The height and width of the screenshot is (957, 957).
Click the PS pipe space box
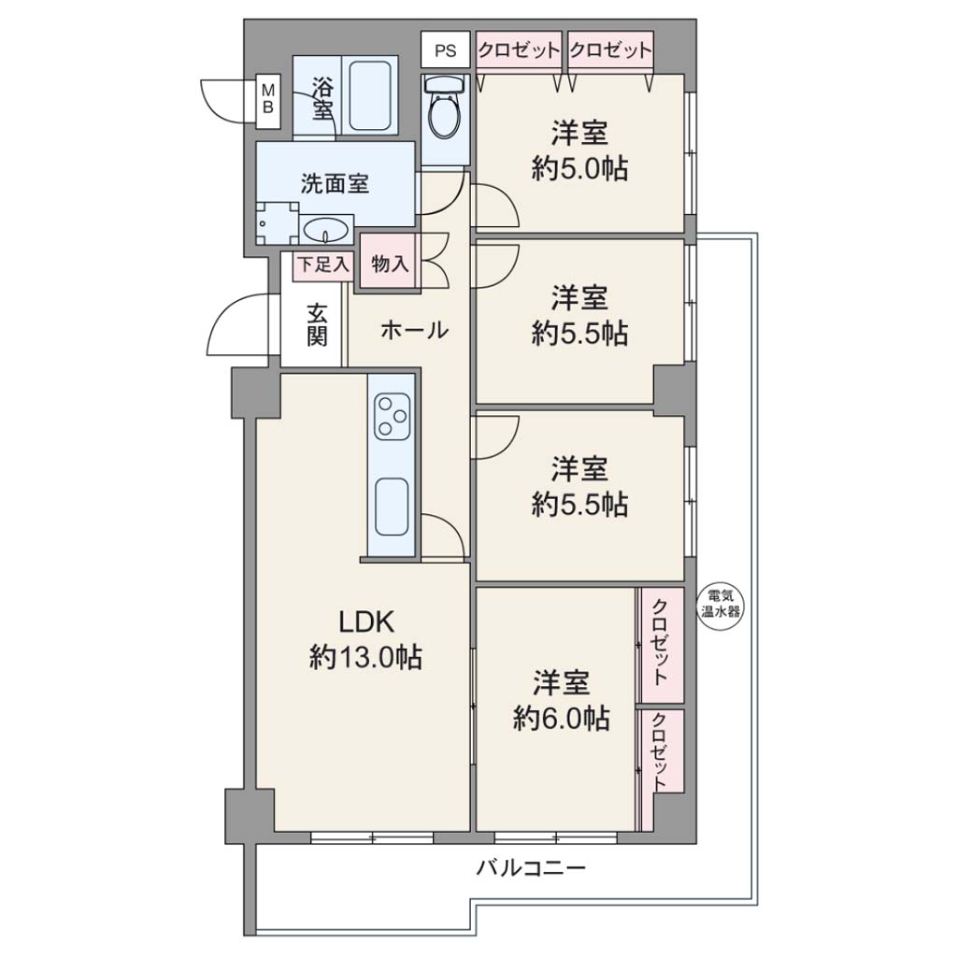pyautogui.click(x=446, y=50)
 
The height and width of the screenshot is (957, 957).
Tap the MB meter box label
pyautogui.click(x=268, y=98)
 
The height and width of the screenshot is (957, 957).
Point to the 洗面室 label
pyautogui.click(x=336, y=183)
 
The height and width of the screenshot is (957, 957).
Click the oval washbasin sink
pyautogui.click(x=326, y=231)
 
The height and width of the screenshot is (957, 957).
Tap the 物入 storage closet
pyautogui.click(x=390, y=264)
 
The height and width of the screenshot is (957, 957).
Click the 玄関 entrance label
pyautogui.click(x=318, y=324)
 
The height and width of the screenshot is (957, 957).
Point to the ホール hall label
pyautogui.click(x=414, y=330)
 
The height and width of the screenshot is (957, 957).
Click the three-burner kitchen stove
pyautogui.click(x=391, y=416)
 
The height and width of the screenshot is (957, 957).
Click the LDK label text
pyautogui.click(x=366, y=621)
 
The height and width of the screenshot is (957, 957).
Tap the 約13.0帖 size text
pyautogui.click(x=365, y=658)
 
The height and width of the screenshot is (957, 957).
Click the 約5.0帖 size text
pyautogui.click(x=579, y=168)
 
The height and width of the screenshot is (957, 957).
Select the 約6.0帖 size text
pyautogui.click(x=561, y=719)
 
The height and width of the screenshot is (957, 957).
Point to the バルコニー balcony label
pyautogui.click(x=531, y=866)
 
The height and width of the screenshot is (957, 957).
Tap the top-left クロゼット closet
pyautogui.click(x=519, y=50)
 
